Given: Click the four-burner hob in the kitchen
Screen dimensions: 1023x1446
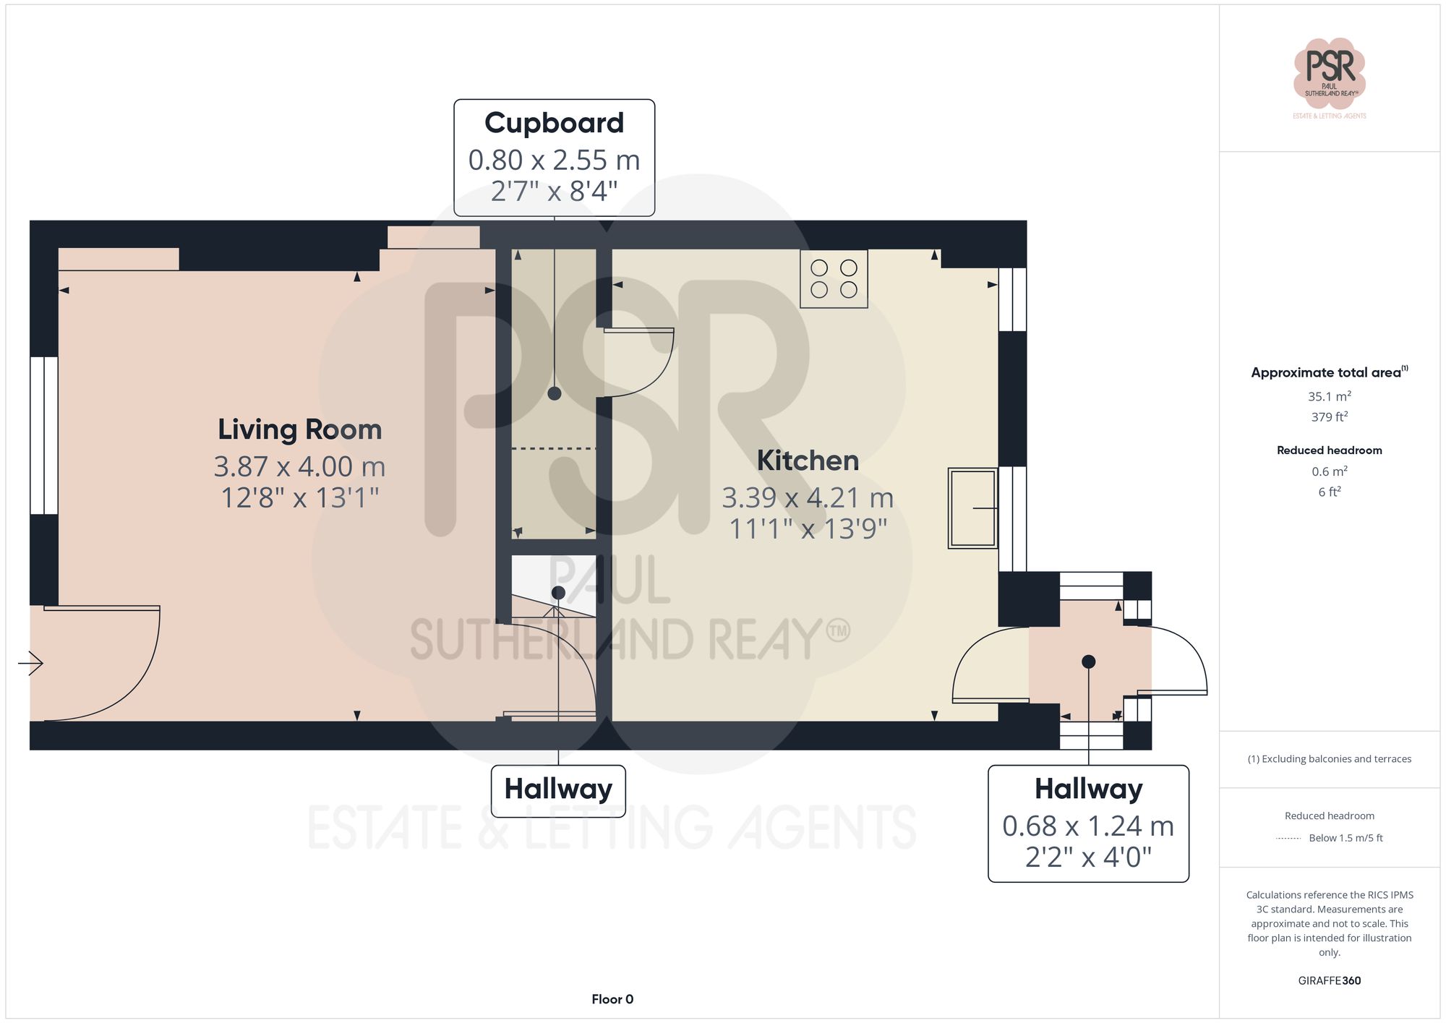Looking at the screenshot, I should pyautogui.click(x=834, y=279).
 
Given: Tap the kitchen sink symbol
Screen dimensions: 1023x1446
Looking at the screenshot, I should pyautogui.click(x=972, y=508).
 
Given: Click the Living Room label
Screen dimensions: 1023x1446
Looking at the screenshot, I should pyautogui.click(x=299, y=429).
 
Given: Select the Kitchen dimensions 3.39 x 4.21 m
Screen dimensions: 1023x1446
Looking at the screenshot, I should pyautogui.click(x=808, y=497).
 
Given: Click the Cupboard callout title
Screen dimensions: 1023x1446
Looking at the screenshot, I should pyautogui.click(x=554, y=123).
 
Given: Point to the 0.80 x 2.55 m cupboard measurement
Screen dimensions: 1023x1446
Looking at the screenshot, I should pyautogui.click(x=554, y=160).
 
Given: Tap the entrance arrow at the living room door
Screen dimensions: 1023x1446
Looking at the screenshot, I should pyautogui.click(x=30, y=662).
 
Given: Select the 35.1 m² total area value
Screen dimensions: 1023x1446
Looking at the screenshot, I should pyautogui.click(x=1329, y=396).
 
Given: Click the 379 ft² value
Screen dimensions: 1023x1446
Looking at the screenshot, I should pyautogui.click(x=1329, y=417).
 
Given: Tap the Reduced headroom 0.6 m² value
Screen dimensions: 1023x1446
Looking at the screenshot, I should pyautogui.click(x=1329, y=471).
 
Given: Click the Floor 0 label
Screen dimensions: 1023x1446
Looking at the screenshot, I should pyautogui.click(x=612, y=999).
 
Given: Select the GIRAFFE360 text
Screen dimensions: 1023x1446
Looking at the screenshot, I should pyautogui.click(x=1329, y=980).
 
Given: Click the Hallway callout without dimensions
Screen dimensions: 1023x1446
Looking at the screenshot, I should pyautogui.click(x=558, y=789).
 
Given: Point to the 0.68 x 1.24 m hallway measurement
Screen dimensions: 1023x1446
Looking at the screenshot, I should pyautogui.click(x=1087, y=826).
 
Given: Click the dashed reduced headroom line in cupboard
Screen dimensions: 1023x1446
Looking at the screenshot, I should pyautogui.click(x=554, y=449).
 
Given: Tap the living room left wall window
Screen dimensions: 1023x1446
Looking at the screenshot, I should pyautogui.click(x=43, y=435).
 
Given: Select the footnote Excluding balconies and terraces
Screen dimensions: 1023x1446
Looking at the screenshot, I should pyautogui.click(x=1329, y=758).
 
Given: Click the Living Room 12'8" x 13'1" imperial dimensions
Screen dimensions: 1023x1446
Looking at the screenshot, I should pyautogui.click(x=299, y=497).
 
